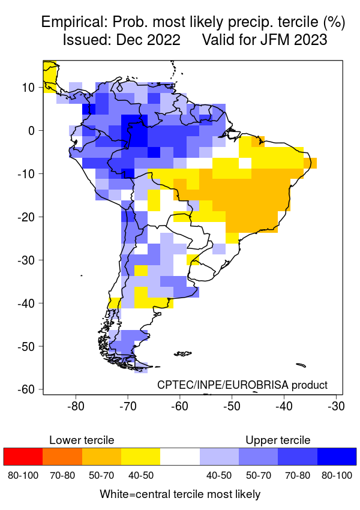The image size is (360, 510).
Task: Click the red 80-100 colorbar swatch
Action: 23,457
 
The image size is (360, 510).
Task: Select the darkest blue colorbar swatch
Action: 337,457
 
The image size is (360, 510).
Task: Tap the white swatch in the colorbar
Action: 180,457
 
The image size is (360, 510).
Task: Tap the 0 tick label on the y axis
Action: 33,131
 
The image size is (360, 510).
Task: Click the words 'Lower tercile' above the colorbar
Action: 82,440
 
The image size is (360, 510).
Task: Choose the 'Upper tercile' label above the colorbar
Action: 278,440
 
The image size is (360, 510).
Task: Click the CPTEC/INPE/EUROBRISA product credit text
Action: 242,385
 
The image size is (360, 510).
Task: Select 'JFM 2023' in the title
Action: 296,40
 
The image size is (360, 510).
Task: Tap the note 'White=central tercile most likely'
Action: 180,494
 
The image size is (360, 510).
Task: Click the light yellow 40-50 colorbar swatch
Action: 140,457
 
